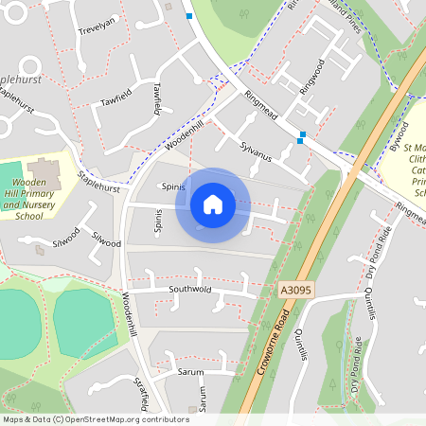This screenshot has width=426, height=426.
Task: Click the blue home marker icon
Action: pos(213,204)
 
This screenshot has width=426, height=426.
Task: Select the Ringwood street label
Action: pos(311,76)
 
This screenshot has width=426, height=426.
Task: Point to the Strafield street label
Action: pos(143,391)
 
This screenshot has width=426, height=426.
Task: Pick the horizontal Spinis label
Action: pos(171,186)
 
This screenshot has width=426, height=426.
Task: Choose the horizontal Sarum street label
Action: pos(190,372)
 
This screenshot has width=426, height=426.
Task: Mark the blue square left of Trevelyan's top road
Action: pos(189,16)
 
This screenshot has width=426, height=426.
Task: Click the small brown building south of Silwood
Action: pos(41,250)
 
